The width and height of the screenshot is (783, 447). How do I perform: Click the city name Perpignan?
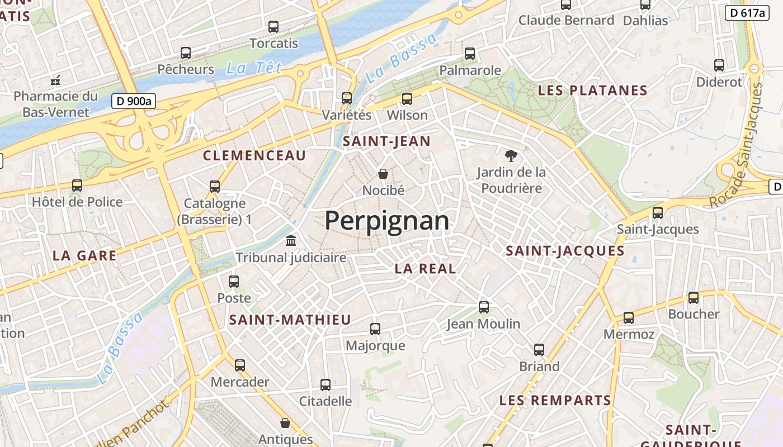387,221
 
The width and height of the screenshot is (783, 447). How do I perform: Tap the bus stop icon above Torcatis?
273,26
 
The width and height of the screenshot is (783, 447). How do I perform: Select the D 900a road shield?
134,101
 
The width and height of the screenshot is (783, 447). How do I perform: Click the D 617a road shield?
748,13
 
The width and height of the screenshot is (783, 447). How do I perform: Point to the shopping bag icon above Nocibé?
383,174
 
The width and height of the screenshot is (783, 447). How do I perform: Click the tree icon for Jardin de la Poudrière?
511,156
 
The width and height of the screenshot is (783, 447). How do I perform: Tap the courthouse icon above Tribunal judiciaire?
291,241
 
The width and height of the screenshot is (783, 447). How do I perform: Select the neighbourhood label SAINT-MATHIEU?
290,320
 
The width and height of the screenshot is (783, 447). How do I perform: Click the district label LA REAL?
425,268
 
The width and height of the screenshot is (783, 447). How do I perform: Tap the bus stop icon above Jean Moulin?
484,307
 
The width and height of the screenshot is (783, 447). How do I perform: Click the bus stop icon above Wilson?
407,99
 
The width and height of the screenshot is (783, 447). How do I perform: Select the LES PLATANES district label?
592,91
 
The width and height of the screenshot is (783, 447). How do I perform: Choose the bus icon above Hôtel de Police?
77,186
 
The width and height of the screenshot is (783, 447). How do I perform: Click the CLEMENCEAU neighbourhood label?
254,156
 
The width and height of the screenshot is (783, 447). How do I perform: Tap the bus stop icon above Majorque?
375,329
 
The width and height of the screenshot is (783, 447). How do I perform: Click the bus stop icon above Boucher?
694,298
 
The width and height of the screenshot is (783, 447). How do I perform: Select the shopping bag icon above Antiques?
285,423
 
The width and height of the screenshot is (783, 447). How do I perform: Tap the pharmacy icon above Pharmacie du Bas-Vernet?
55,81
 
